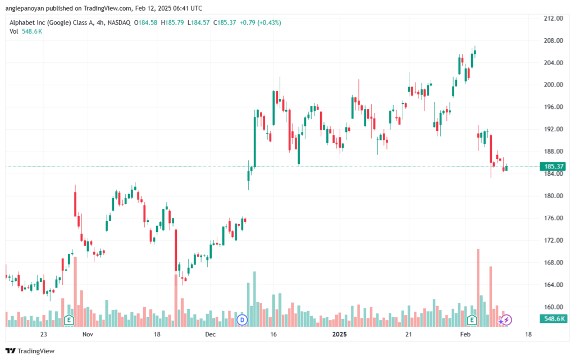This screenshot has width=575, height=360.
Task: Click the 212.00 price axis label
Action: (553, 19)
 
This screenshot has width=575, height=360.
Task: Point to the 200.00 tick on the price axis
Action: (553, 85)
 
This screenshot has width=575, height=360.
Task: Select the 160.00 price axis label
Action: (553, 307)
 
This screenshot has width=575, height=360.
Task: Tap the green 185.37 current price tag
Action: (553, 166)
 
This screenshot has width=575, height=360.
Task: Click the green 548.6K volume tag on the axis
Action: (553, 319)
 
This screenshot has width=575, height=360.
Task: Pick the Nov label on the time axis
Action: (88, 334)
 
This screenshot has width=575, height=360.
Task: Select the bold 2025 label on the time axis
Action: (339, 334)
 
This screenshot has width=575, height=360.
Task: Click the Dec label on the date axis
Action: (211, 334)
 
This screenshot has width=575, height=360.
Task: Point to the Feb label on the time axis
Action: (465, 334)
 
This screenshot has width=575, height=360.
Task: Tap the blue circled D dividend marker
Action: (242, 320)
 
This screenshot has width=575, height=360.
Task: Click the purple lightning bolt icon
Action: (506, 320)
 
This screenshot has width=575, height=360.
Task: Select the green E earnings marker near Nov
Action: (69, 320)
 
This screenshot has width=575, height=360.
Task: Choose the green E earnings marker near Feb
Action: (472, 320)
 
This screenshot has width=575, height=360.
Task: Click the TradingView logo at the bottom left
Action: (30, 351)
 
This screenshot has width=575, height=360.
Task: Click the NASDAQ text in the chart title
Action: (119, 22)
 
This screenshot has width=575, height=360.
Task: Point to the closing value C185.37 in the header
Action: (225, 22)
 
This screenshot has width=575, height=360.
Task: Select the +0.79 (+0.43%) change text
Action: (261, 22)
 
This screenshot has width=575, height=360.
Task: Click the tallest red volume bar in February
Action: (478, 288)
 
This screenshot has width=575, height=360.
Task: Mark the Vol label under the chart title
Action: (13, 31)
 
